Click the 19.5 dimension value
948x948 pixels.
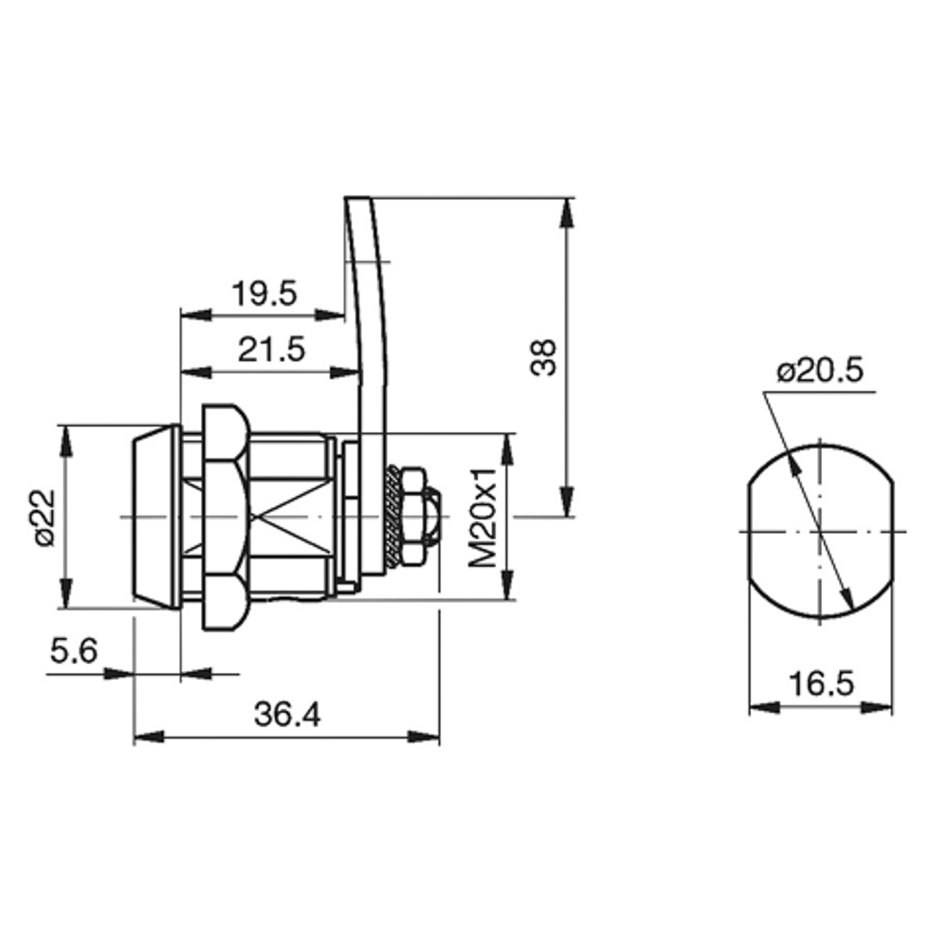(264, 294)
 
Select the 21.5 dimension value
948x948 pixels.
(271, 350)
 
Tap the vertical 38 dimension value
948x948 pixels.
(543, 357)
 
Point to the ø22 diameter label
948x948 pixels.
(45, 518)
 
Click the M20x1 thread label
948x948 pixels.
(483, 518)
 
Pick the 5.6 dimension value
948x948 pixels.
(73, 651)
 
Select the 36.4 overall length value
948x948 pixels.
(287, 714)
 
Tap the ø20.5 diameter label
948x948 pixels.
(820, 372)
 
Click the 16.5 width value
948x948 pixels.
(821, 684)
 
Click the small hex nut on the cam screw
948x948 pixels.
(413, 517)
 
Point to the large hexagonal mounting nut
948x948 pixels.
(225, 518)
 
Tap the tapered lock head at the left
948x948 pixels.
(155, 518)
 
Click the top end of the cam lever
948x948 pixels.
(356, 198)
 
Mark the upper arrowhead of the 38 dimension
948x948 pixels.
(567, 212)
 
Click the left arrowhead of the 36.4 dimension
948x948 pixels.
(149, 737)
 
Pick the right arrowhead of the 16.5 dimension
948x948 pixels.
(877, 707)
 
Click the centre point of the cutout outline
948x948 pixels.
(820, 532)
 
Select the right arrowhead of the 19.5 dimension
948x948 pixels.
(330, 315)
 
